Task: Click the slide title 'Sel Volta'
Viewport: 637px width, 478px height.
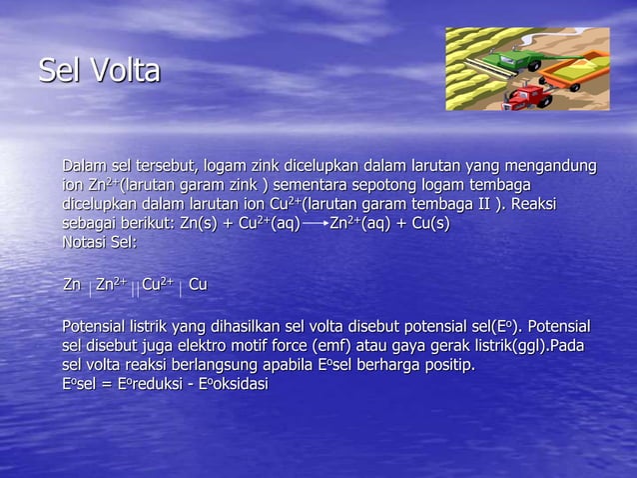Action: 99,71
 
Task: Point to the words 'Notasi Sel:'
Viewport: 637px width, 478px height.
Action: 99,242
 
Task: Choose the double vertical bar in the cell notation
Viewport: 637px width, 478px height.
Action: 135,288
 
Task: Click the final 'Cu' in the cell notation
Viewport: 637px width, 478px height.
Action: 198,286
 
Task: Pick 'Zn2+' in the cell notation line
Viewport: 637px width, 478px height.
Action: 111,286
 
